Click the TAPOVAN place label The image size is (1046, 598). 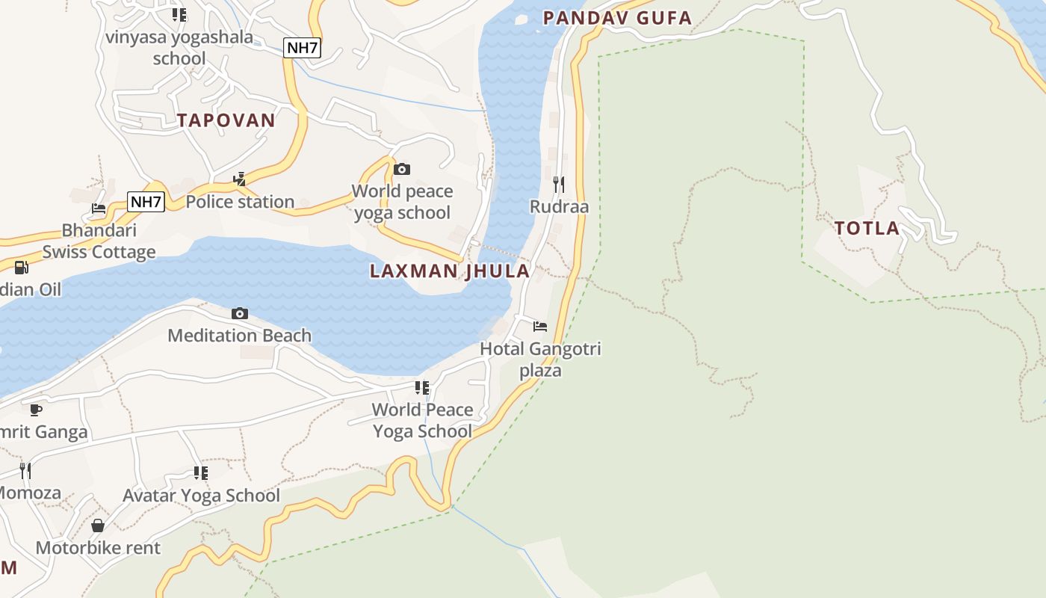pyautogui.click(x=226, y=120)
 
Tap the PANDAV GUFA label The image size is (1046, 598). pyautogui.click(x=617, y=18)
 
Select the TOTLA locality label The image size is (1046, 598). pyautogui.click(x=867, y=228)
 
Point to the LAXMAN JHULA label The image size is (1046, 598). pyautogui.click(x=450, y=271)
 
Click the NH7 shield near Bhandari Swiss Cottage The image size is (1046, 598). pyautogui.click(x=146, y=201)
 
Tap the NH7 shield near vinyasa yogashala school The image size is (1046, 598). pyautogui.click(x=303, y=48)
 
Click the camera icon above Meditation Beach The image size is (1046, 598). pyautogui.click(x=240, y=313)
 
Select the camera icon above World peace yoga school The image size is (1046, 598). pyautogui.click(x=402, y=169)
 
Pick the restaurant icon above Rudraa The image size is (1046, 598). pyautogui.click(x=559, y=184)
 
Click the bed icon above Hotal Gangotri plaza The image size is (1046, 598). pyautogui.click(x=540, y=326)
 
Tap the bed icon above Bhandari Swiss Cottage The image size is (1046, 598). pyautogui.click(x=99, y=209)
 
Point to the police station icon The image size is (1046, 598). pyautogui.click(x=240, y=179)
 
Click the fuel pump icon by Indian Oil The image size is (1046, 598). pyautogui.click(x=22, y=267)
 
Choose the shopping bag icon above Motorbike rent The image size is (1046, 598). pyautogui.click(x=98, y=525)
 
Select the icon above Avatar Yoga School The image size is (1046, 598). pyautogui.click(x=200, y=472)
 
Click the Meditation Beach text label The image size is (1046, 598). pyautogui.click(x=239, y=336)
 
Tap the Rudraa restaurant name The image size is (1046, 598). pyautogui.click(x=559, y=206)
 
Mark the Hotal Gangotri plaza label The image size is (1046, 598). pyautogui.click(x=540, y=360)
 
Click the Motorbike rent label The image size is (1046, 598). pyautogui.click(x=98, y=548)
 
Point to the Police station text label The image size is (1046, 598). pyautogui.click(x=240, y=202)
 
